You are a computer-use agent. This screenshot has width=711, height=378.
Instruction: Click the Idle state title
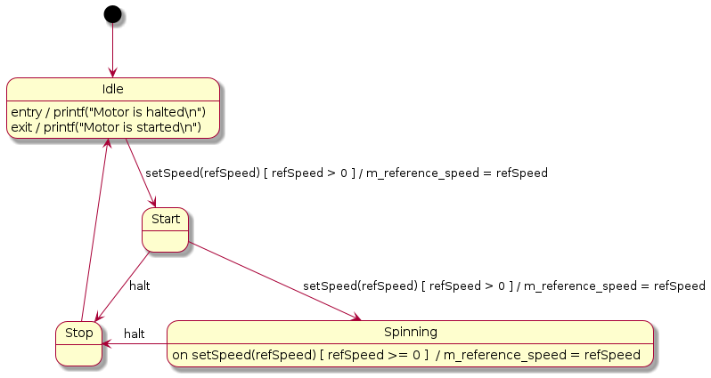112,89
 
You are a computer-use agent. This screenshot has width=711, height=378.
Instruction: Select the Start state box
166,230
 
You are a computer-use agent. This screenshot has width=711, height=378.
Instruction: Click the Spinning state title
410,332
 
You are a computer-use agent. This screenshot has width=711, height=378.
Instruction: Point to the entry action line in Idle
108,112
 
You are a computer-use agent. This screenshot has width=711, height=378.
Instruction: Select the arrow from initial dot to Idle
112,50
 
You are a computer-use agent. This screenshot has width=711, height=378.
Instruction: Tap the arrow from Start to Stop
123,286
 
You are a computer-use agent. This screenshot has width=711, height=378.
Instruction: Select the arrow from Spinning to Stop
135,342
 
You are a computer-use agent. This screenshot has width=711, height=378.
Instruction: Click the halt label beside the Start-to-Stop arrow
140,286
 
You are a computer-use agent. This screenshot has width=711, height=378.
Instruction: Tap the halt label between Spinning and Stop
135,334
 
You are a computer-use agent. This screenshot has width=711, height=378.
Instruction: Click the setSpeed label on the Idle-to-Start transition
346,173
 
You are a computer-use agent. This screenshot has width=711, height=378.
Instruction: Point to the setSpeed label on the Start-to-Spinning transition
503,286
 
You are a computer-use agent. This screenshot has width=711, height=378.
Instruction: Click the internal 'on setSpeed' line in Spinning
405,355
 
